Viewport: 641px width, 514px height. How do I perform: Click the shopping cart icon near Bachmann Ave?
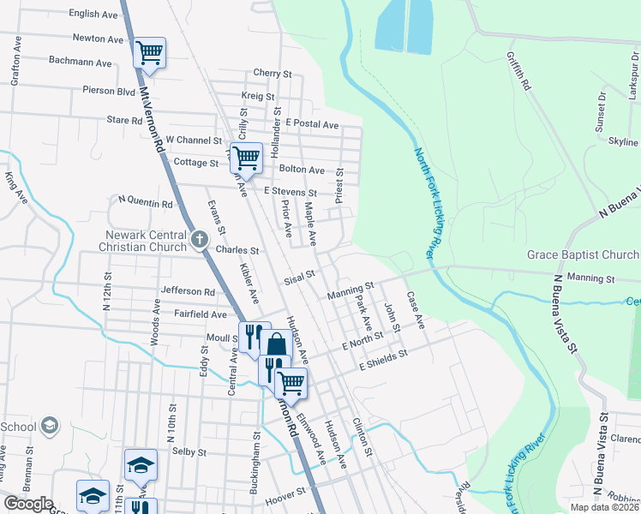tap(150, 53)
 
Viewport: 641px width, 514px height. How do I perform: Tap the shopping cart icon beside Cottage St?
tap(246, 157)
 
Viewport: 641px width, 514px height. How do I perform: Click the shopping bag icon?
tap(276, 345)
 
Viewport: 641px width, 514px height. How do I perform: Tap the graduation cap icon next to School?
tap(50, 427)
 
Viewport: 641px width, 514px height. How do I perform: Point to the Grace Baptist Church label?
tap(583, 255)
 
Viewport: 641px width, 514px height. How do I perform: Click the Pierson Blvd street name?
tap(109, 90)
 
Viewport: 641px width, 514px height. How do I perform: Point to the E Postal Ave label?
tap(313, 124)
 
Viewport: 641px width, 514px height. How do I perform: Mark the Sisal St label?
tap(300, 276)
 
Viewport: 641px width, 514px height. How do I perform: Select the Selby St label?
tap(189, 451)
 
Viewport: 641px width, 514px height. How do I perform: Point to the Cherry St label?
tap(273, 73)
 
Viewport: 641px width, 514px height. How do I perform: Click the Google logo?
tap(28, 504)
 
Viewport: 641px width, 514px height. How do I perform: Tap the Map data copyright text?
tap(603, 507)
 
